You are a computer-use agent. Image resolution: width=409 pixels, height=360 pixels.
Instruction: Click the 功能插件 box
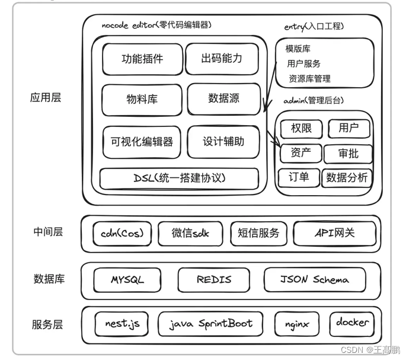click(142, 59)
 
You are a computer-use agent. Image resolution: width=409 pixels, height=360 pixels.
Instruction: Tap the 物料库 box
click(142, 98)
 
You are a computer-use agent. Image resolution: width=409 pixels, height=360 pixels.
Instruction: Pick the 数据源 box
click(223, 98)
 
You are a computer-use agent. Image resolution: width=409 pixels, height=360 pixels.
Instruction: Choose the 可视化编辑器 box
click(142, 142)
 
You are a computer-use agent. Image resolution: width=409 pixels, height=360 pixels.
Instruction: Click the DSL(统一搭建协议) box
click(179, 178)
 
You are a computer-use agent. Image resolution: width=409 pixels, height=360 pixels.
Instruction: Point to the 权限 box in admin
click(301, 128)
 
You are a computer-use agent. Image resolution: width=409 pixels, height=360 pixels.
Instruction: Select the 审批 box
click(348, 154)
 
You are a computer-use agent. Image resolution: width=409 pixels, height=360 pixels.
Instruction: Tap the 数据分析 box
click(347, 177)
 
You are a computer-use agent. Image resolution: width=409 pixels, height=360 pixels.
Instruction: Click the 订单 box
click(299, 177)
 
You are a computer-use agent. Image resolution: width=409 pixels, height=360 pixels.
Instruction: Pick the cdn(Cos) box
click(122, 233)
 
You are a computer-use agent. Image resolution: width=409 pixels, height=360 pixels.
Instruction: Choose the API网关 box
click(334, 233)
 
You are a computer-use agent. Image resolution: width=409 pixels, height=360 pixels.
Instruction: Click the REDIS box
click(213, 279)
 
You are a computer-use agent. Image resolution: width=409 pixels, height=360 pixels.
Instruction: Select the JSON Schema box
click(314, 279)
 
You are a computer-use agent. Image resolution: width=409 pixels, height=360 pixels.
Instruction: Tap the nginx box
click(296, 324)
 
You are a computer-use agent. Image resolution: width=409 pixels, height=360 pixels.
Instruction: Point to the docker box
click(352, 323)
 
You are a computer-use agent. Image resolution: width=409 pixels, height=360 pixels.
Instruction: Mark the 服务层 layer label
click(47, 324)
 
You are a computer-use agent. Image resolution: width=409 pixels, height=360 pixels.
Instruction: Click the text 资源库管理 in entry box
click(309, 78)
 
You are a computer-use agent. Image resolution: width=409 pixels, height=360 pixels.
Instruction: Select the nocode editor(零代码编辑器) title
click(156, 25)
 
